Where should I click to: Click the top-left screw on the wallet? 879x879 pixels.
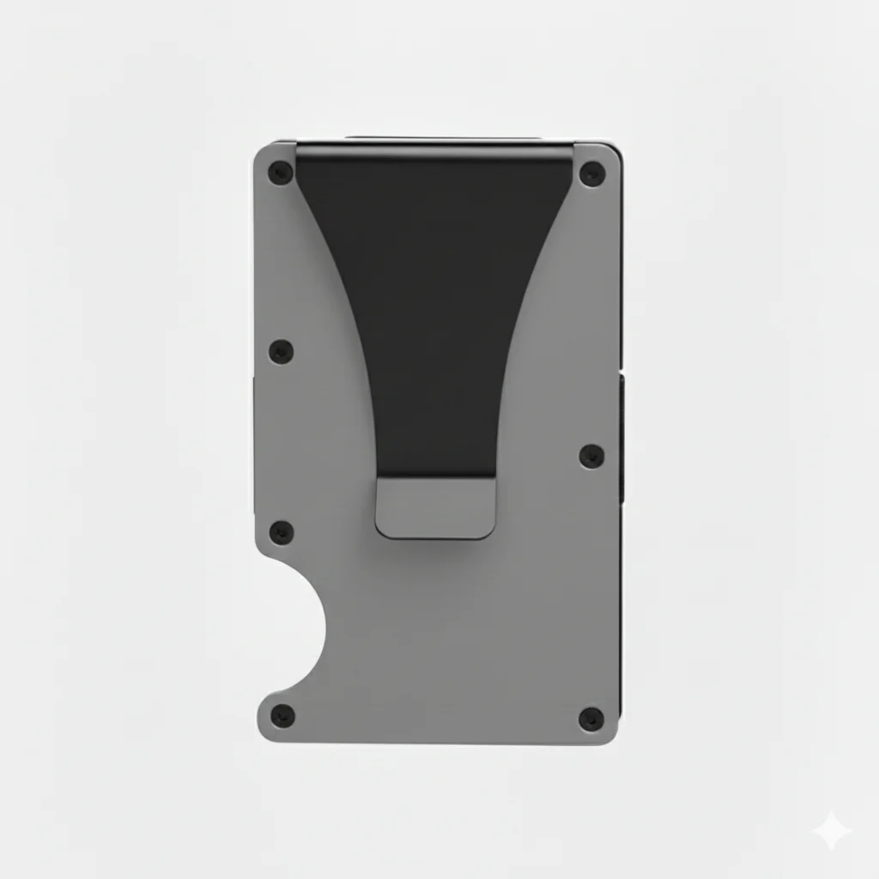[280, 173]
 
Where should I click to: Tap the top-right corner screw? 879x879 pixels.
[591, 174]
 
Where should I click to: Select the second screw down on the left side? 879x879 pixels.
[281, 351]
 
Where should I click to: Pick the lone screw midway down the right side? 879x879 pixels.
[591, 456]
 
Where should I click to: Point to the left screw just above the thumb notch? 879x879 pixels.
[281, 532]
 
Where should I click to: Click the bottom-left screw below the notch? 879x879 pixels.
[282, 716]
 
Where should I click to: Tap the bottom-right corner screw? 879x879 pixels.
[591, 718]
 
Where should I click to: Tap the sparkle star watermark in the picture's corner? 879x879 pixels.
[832, 832]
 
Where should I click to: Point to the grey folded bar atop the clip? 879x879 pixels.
[434, 153]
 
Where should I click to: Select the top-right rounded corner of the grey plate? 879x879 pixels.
[611, 152]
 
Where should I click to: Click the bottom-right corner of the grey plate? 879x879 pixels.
[610, 736]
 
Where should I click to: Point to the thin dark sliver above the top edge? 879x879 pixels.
[443, 137]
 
